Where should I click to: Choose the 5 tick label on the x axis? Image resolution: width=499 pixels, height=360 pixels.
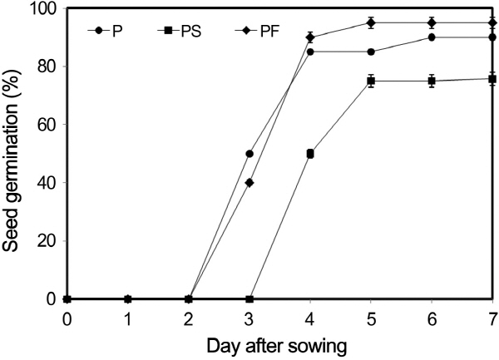point(371,317)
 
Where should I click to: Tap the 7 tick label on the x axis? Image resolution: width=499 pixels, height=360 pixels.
point(492,317)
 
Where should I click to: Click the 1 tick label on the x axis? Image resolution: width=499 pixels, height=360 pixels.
point(128,317)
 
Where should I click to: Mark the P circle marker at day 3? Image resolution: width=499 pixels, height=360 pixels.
point(249,154)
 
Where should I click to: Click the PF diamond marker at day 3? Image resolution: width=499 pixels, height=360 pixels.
point(249,183)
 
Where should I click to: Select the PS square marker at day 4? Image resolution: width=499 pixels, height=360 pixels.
point(310,154)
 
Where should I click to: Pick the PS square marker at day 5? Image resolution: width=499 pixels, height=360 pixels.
point(371,81)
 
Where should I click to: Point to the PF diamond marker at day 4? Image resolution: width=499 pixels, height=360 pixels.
point(310,37)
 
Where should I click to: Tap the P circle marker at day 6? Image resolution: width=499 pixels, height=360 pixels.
point(432,37)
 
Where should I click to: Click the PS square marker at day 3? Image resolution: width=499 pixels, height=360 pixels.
point(249,299)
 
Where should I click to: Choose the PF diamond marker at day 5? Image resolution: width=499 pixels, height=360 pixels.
point(371,22)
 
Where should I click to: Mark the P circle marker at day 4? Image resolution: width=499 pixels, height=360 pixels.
point(310,52)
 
